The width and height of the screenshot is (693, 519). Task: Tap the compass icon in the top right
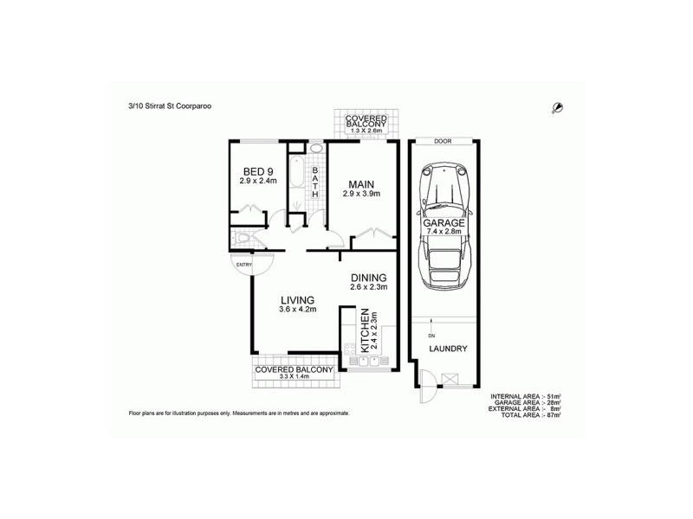pyautogui.click(x=559, y=107)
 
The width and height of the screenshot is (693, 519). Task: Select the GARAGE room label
pyautogui.click(x=444, y=222)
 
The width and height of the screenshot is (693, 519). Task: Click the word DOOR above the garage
pyautogui.click(x=444, y=141)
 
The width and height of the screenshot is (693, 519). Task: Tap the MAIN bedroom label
pyautogui.click(x=360, y=184)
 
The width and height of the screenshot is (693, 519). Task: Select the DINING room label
pyautogui.click(x=368, y=278)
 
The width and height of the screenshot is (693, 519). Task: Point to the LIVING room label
pyautogui.click(x=297, y=299)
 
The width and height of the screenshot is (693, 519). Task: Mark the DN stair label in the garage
pyautogui.click(x=430, y=336)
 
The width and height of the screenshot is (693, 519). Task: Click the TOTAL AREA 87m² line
pyautogui.click(x=526, y=416)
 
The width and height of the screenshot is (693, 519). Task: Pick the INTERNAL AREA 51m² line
pyautogui.click(x=526, y=395)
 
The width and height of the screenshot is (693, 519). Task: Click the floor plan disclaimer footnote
pyautogui.click(x=238, y=413)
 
